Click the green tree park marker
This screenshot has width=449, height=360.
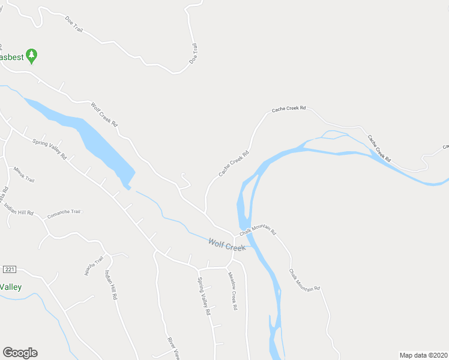pos(32,56)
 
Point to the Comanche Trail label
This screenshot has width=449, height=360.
pos(64,212)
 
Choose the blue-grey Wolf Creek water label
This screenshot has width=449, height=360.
pos(227,244)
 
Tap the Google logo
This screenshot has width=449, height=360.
pos(20,353)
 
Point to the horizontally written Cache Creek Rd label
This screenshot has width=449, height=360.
pos(289,109)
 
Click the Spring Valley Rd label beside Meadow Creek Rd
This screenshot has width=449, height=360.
pos(205,296)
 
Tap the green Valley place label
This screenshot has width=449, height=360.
pos(10,287)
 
